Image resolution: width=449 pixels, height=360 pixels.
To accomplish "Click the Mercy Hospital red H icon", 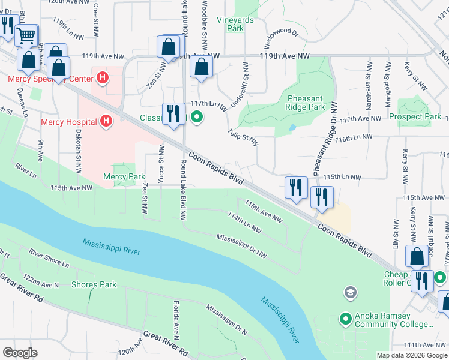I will click(x=106, y=122).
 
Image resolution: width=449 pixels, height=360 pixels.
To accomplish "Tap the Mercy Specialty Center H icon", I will click(x=103, y=78).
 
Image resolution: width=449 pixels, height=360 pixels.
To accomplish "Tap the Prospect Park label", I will click(x=415, y=116).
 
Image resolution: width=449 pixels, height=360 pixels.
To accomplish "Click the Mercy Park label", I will click(x=124, y=176).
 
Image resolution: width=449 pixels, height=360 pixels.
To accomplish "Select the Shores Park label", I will click(x=94, y=284).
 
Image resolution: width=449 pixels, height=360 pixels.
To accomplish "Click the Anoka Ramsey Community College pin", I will click(x=345, y=319).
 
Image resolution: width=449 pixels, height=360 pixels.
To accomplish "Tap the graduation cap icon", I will click(x=349, y=293).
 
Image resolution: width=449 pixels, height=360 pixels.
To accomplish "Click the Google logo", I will click(x=20, y=352).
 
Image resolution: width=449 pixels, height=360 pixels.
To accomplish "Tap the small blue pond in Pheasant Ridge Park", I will click(x=292, y=128).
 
